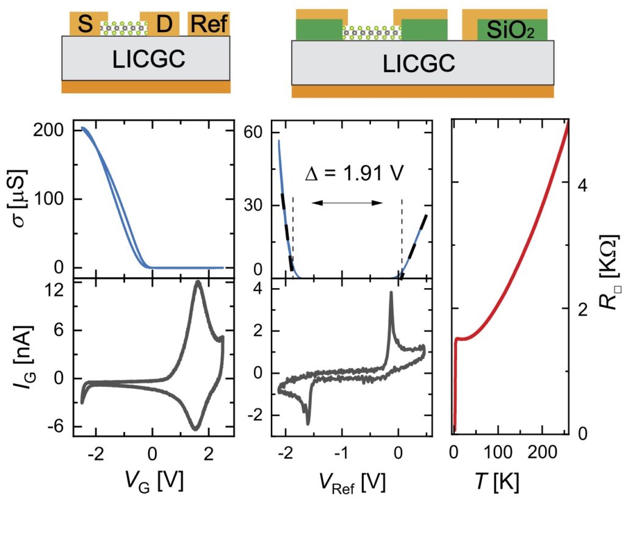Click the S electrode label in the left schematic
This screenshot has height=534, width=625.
click(x=85, y=25)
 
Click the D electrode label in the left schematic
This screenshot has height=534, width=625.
click(x=164, y=25)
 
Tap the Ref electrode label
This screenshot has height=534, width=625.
click(x=209, y=25)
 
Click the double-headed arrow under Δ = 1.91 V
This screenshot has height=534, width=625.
click(x=347, y=203)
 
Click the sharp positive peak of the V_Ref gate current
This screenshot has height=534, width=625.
click(x=391, y=294)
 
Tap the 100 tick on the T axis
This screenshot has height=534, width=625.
click(x=498, y=452)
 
